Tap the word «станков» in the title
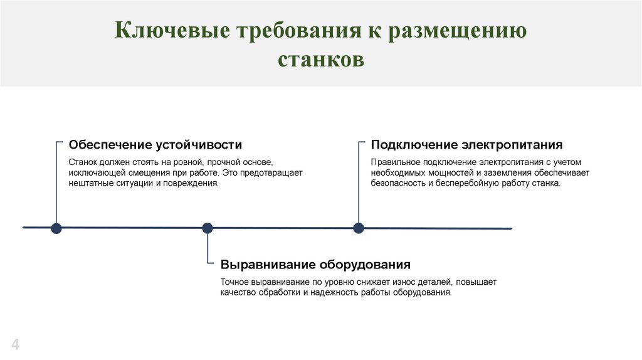321,61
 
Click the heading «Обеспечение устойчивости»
155,145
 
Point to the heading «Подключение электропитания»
466,145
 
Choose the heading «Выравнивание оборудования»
315,264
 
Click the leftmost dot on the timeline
56,228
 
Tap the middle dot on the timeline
208,228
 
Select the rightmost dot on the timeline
359,228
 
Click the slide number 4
15,344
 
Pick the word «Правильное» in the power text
392,162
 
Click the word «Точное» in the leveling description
234,282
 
